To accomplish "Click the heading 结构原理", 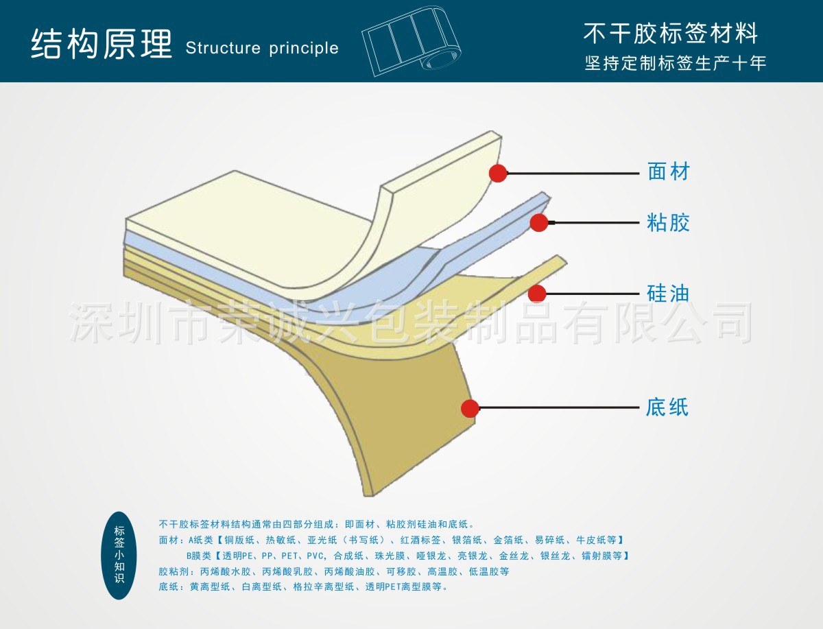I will click(101, 45).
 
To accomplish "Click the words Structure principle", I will click(262, 48).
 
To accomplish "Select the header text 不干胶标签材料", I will click(670, 33).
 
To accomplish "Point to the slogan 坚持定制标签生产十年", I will click(675, 64).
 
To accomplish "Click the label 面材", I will click(668, 171).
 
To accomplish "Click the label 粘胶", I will click(668, 223).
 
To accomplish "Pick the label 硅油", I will click(668, 294).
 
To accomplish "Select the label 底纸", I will click(667, 408).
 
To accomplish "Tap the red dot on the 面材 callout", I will click(498, 174).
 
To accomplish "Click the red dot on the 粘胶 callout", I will click(539, 222).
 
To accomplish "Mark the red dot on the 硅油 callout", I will click(537, 294).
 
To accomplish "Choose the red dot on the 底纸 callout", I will click(470, 408).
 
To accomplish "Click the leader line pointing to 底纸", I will click(559, 408).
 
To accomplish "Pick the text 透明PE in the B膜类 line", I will click(239, 556).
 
